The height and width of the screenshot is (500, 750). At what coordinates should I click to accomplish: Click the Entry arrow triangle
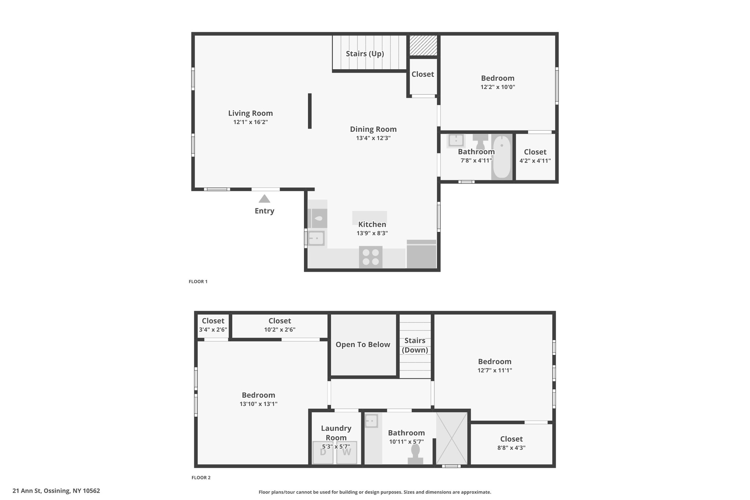(x=264, y=199)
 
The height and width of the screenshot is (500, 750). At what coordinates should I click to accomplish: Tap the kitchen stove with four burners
(x=371, y=257)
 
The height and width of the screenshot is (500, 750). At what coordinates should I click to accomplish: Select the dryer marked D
(x=323, y=453)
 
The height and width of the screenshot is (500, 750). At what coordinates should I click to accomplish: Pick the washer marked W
(x=346, y=453)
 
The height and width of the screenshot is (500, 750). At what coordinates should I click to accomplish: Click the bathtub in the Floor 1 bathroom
(x=501, y=157)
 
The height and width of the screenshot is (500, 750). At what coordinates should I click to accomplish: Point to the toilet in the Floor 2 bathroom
(x=416, y=454)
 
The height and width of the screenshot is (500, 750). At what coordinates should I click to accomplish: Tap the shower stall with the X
(x=452, y=438)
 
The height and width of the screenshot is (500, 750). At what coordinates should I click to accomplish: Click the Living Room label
(x=250, y=113)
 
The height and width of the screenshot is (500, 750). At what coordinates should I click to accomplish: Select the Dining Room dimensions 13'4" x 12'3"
(x=374, y=138)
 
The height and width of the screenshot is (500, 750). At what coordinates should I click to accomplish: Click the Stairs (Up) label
(x=365, y=54)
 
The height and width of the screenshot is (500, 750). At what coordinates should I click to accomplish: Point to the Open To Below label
(x=363, y=345)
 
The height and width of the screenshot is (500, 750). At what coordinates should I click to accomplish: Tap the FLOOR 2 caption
(x=201, y=478)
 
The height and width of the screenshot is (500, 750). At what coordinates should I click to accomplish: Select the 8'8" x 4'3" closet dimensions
(x=512, y=448)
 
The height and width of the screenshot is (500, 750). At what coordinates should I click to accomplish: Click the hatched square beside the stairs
(x=423, y=45)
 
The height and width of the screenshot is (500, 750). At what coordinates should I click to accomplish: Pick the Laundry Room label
(x=336, y=433)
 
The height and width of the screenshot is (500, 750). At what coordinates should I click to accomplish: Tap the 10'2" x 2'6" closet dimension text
(x=280, y=330)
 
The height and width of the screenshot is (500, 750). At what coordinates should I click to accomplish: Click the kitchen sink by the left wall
(x=316, y=238)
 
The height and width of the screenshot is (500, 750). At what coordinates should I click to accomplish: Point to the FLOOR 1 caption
(x=198, y=282)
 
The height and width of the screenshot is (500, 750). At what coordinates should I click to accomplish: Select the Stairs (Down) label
(x=415, y=345)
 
